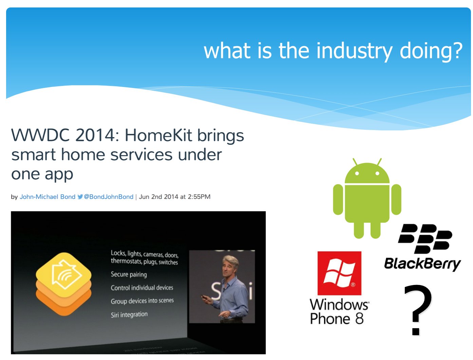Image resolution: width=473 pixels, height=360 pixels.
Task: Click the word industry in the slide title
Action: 354,51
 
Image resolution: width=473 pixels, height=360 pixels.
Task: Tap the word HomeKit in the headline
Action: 158,136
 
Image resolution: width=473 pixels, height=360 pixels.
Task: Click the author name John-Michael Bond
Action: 48,197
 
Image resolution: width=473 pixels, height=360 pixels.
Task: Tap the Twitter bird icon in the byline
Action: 80,197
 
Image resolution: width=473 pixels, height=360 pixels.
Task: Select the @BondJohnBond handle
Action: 108,197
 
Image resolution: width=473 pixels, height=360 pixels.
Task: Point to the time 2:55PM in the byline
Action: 199,197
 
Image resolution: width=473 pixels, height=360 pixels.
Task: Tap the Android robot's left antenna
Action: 355,162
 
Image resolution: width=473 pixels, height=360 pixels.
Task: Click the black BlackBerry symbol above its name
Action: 425,239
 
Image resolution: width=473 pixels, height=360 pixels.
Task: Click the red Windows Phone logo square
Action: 339,273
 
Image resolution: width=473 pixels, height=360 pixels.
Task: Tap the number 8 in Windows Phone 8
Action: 359,318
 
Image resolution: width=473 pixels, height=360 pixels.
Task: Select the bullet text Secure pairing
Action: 129,274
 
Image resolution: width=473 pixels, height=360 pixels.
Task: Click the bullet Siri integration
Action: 129,315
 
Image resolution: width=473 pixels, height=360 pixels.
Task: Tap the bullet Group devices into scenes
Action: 142,301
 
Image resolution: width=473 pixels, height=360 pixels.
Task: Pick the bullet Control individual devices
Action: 142,288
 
